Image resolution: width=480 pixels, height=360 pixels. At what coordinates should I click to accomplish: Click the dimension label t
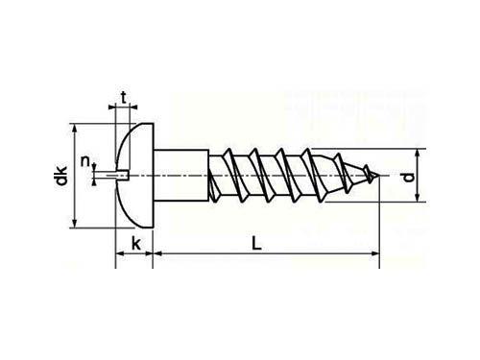[x=123, y=98]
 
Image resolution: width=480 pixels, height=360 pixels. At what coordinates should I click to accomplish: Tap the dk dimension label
[x=61, y=176]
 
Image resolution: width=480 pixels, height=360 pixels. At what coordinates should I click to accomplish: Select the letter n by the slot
[x=85, y=161]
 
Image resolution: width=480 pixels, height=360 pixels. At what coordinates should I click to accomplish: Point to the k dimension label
[x=136, y=244]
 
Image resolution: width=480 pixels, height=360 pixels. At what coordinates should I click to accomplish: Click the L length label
[x=256, y=243]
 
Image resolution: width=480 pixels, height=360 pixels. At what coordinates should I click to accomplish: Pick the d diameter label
[x=408, y=177]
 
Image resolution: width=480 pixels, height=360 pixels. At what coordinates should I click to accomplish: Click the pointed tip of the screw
[x=379, y=176]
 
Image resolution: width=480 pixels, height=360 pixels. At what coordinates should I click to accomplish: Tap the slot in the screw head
[x=122, y=176]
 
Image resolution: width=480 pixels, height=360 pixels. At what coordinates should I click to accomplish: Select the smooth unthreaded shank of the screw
[x=181, y=176]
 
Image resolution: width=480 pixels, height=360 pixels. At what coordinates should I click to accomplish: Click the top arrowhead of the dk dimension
[x=75, y=128]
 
